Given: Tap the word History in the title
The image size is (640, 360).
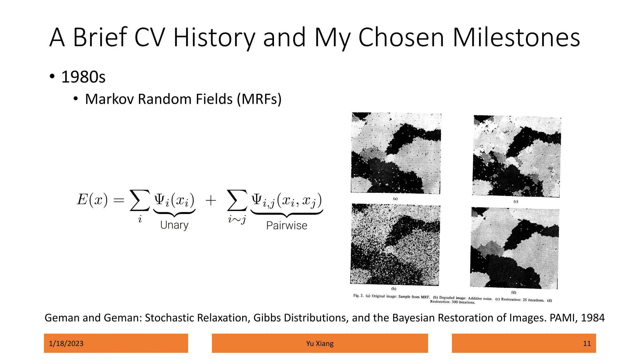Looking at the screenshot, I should pos(214,38).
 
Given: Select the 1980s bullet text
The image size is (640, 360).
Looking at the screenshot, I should pos(83,77).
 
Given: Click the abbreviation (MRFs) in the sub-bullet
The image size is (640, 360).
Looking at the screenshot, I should pos(259,99).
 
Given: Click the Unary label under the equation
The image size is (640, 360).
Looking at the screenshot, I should pos(174,225).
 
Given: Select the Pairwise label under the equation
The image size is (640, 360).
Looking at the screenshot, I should pos(287,225).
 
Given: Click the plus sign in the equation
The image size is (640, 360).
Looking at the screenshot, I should pos(211,200).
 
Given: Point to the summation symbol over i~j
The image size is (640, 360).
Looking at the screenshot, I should pos(237,200).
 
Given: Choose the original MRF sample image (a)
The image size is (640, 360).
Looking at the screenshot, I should pos(396,153).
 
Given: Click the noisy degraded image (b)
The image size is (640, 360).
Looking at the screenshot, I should pos(395,244).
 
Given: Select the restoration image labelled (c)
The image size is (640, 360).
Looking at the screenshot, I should pos(517,156).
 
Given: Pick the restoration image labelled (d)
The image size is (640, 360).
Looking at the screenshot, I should pos(514,248).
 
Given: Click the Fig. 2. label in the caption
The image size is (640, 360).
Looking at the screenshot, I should pos(358,295).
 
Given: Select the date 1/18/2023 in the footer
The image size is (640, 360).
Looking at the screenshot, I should pos(66,343).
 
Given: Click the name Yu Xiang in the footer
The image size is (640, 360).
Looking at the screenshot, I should pos(320,343).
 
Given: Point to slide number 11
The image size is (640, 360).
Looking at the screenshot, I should pos(587,343).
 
